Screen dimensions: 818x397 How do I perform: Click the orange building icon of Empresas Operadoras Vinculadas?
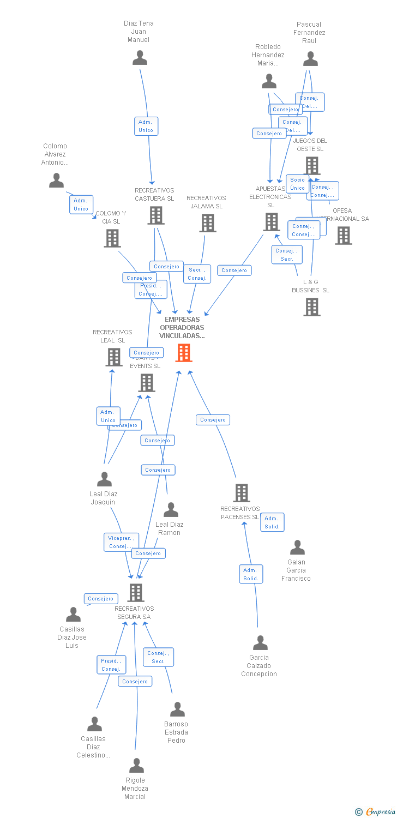click(x=184, y=353)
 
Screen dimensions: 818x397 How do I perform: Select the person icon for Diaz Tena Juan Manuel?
click(x=140, y=58)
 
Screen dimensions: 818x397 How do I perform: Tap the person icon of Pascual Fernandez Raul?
click(x=310, y=59)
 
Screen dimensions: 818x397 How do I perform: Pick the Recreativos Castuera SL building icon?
click(x=156, y=215)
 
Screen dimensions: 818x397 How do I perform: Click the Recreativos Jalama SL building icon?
click(x=207, y=222)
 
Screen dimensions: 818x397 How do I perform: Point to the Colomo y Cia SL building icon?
click(x=112, y=238)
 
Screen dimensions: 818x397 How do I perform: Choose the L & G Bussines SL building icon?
click(x=311, y=307)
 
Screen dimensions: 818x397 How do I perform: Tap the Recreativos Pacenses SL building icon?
click(x=241, y=493)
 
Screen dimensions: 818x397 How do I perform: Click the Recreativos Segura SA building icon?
click(x=135, y=592)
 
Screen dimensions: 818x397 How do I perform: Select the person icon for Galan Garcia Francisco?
click(x=297, y=548)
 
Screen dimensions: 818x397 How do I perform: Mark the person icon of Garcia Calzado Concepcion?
click(x=260, y=643)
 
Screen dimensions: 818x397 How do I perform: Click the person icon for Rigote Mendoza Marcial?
click(x=136, y=766)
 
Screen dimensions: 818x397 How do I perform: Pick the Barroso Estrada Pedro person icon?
click(x=177, y=709)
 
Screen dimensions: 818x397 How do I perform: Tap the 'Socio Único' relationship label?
click(x=297, y=184)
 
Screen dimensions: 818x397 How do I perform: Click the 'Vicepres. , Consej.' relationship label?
click(x=121, y=542)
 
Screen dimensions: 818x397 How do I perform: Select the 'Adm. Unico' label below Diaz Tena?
click(x=146, y=126)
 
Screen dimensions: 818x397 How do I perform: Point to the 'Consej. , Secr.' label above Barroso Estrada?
click(x=158, y=657)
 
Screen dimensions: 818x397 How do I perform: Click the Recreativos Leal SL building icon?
click(x=113, y=357)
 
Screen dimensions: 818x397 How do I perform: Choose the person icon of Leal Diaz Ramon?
click(x=171, y=510)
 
